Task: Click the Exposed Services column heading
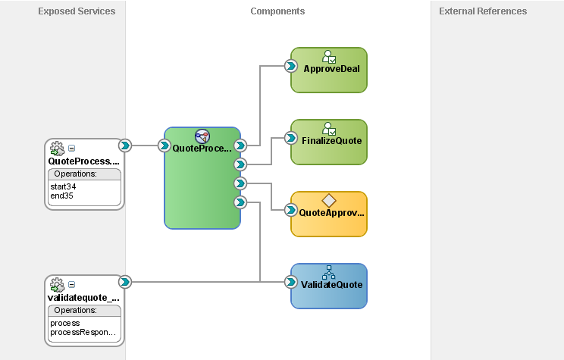(77, 11)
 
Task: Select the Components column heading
(277, 11)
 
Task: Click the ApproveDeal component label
(331, 68)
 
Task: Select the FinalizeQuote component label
(332, 140)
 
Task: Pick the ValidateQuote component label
(332, 285)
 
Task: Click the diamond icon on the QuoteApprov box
(328, 200)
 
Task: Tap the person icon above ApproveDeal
(328, 56)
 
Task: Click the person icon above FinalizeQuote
(328, 128)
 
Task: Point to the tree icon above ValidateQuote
(328, 272)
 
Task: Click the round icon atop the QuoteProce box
(202, 136)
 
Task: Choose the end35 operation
(61, 196)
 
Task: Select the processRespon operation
(83, 332)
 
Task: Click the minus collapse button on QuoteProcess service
(72, 149)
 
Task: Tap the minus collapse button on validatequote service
(72, 285)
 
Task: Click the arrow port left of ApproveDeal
(290, 66)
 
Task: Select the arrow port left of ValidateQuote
(290, 282)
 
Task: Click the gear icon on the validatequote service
(57, 285)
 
